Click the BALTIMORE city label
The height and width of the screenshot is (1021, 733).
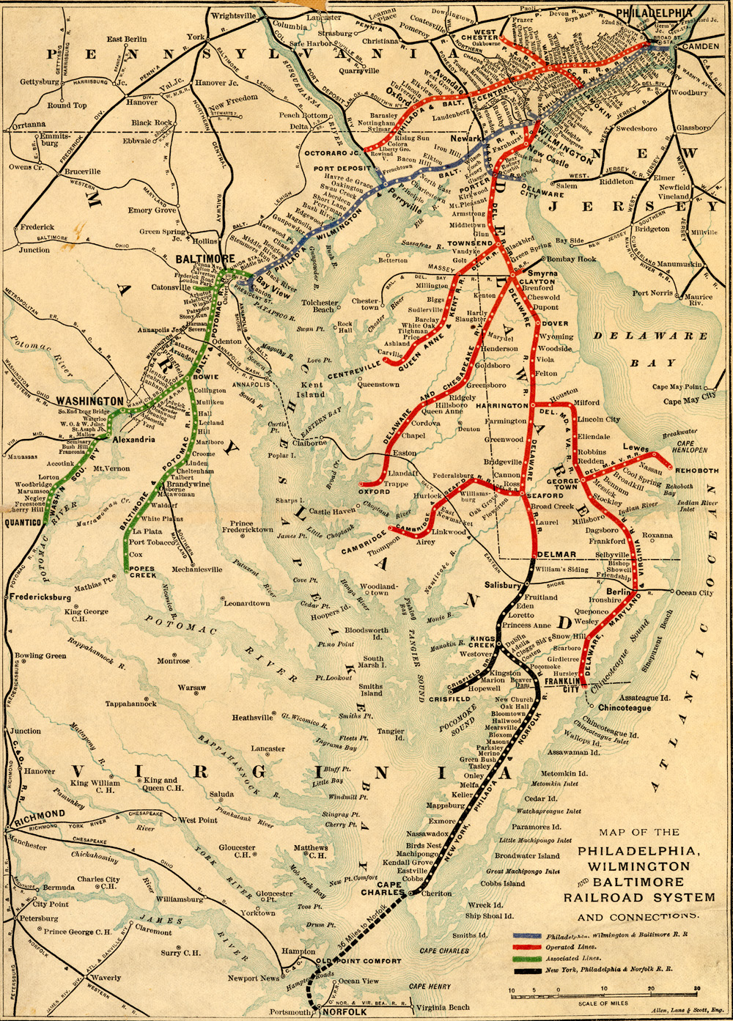point(205,259)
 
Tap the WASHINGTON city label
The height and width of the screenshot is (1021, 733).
point(89,402)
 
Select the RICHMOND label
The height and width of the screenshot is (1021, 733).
point(40,815)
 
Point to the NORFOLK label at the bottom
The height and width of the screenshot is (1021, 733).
point(344,1012)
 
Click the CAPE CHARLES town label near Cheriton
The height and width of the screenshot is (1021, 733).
point(382,888)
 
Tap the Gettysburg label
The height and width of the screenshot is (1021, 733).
point(40,82)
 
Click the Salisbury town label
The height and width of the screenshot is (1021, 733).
point(502,585)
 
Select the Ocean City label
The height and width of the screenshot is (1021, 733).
point(693,592)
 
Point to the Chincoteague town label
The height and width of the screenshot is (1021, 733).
point(624,708)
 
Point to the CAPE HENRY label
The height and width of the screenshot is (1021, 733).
point(430,987)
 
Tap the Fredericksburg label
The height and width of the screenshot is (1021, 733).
point(40,597)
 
